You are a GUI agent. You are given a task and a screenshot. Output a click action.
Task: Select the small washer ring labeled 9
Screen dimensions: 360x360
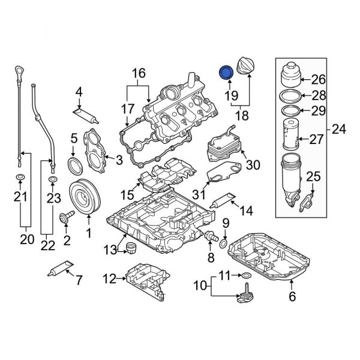(224, 243)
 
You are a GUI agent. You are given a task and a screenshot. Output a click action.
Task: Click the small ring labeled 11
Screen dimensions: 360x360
(245, 275)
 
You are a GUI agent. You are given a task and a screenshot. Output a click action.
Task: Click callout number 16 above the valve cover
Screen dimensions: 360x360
(139, 73)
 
